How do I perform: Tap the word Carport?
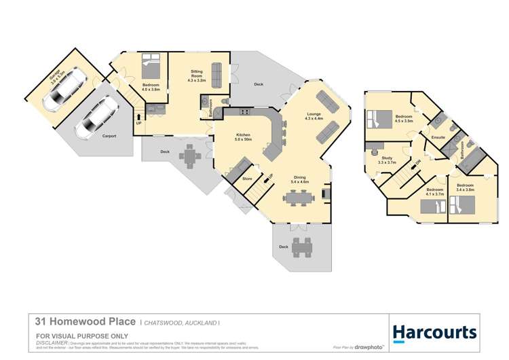pyautogui.click(x=109, y=136)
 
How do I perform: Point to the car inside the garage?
pyautogui.click(x=63, y=93)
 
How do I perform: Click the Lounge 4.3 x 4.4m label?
pyautogui.click(x=314, y=116)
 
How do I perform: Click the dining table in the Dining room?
pyautogui.click(x=299, y=198)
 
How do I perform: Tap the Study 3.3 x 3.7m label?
pyautogui.click(x=387, y=160)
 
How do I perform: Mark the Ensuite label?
pyautogui.click(x=438, y=138)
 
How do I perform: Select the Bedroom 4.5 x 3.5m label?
pyautogui.click(x=404, y=118)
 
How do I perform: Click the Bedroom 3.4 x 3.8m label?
pyautogui.click(x=465, y=188)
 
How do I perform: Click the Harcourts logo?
pyautogui.click(x=435, y=332)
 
